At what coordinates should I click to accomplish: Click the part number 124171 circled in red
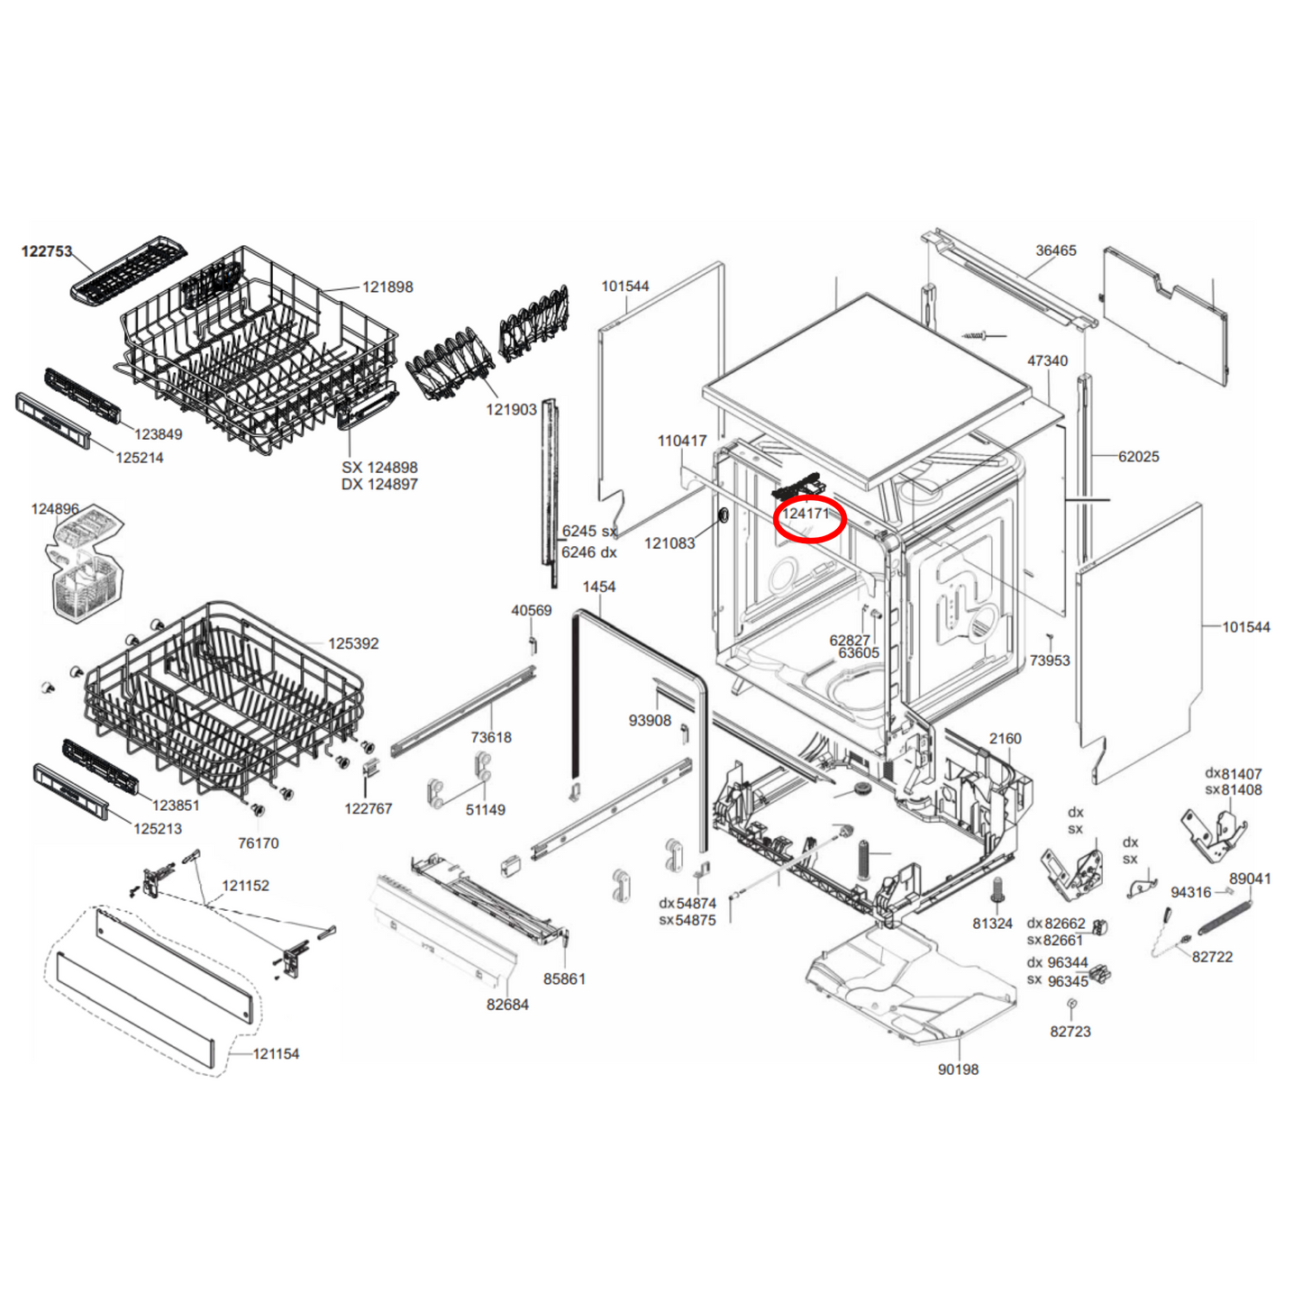coord(806,514)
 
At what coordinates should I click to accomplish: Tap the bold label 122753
coord(47,251)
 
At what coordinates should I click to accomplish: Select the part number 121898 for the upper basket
coord(387,287)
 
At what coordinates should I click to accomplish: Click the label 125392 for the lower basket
coord(353,644)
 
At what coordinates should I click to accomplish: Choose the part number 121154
coord(276,1054)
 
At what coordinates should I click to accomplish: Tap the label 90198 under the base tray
coord(958,1070)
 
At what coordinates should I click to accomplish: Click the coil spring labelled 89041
coord(1225,914)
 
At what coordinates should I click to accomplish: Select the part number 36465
coord(1056,250)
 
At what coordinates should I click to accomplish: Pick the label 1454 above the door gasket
coord(599,587)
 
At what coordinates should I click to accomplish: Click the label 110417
coord(682,442)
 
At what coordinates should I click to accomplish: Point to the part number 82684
coord(507,1005)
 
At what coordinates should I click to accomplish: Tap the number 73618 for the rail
coord(491,737)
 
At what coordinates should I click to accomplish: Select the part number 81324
coord(993,924)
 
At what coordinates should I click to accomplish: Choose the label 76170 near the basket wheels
coord(258,843)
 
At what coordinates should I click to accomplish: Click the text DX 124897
coord(379,485)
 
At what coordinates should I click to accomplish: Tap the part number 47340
coord(1048,360)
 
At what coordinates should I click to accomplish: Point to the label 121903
coord(512,409)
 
